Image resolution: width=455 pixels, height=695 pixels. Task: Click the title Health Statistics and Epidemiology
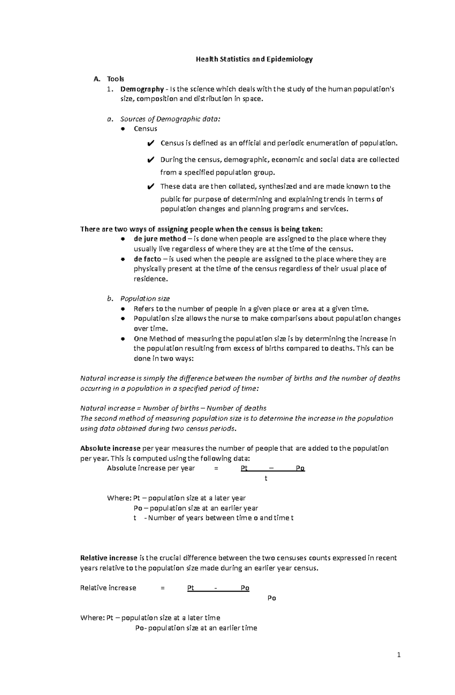[x=254, y=59]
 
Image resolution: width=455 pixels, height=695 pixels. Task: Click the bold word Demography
[x=141, y=89]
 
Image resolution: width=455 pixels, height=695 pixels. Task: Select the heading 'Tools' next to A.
[x=115, y=79]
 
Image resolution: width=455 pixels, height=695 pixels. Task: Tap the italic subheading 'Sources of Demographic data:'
[x=170, y=119]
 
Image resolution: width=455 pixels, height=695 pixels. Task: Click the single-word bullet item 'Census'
[x=145, y=129]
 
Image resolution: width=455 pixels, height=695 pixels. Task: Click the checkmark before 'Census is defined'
[x=150, y=144]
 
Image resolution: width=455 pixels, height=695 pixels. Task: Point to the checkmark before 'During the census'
[x=150, y=160]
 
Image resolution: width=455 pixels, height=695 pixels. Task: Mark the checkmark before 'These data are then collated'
[x=150, y=187]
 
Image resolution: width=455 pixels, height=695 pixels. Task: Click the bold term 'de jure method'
[x=160, y=239]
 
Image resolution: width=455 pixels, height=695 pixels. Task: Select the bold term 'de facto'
[x=147, y=259]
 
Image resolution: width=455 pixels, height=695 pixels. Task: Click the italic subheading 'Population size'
[x=145, y=299]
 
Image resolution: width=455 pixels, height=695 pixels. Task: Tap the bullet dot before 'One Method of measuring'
[x=122, y=339]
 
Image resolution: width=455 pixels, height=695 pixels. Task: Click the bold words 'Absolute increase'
[x=110, y=448]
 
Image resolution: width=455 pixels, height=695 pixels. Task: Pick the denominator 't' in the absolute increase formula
[x=266, y=479]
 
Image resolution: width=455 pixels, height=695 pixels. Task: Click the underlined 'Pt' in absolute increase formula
[x=244, y=469]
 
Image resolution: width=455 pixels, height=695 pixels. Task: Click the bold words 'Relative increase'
[x=108, y=558]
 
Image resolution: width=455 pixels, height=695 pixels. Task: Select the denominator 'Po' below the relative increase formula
[x=271, y=598]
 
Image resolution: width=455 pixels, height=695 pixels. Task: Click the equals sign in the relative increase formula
[x=163, y=588]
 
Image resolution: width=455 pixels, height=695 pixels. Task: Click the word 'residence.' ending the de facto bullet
[x=150, y=279]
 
